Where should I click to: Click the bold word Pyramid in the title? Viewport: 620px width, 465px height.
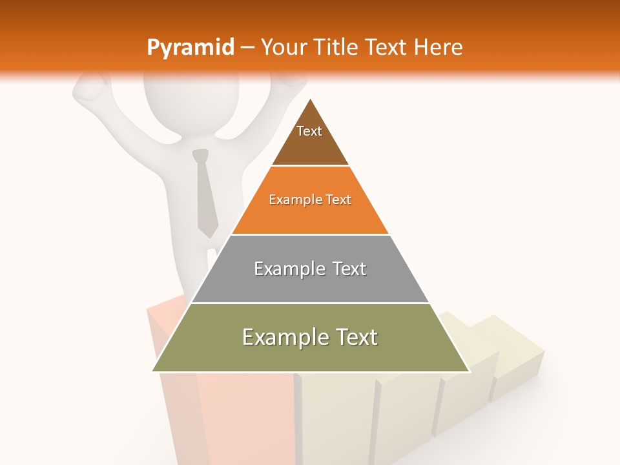(x=191, y=48)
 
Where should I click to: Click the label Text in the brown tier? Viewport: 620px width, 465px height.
(x=309, y=131)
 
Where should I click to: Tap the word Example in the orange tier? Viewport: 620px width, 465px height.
(x=289, y=200)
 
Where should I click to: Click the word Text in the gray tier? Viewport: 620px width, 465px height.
(x=346, y=269)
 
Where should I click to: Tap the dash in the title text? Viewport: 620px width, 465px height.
(x=248, y=48)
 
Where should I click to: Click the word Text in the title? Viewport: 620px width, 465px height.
(x=386, y=48)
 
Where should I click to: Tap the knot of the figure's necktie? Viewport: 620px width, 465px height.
(x=201, y=156)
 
